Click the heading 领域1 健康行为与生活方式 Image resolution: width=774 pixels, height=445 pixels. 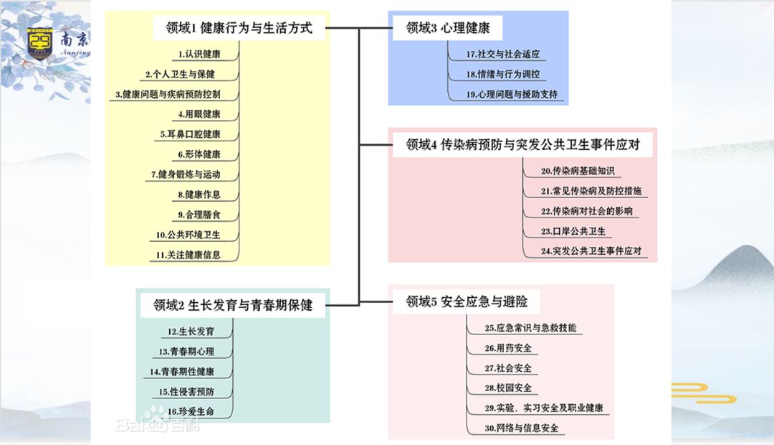pyautogui.click(x=239, y=29)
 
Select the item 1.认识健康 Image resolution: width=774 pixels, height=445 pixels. pyautogui.click(x=199, y=54)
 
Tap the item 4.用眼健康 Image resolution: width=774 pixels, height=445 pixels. pyautogui.click(x=199, y=114)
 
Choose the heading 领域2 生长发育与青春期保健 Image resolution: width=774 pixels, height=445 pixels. pyautogui.click(x=233, y=305)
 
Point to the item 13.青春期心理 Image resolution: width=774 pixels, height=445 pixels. pyautogui.click(x=186, y=352)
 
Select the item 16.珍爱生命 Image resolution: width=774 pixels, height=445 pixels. pyautogui.click(x=186, y=412)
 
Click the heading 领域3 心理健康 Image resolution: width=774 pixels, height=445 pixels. pyautogui.click(x=448, y=29)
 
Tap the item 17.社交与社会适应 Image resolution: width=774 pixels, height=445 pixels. pyautogui.click(x=502, y=54)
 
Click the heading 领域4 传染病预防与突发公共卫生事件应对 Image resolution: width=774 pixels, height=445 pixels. pyautogui.click(x=522, y=145)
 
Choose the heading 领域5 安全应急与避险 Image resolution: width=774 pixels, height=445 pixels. pyautogui.click(x=472, y=301)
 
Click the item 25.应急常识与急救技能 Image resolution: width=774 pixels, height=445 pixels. pyautogui.click(x=530, y=328)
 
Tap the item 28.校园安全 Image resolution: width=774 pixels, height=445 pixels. pyautogui.click(x=508, y=388)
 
